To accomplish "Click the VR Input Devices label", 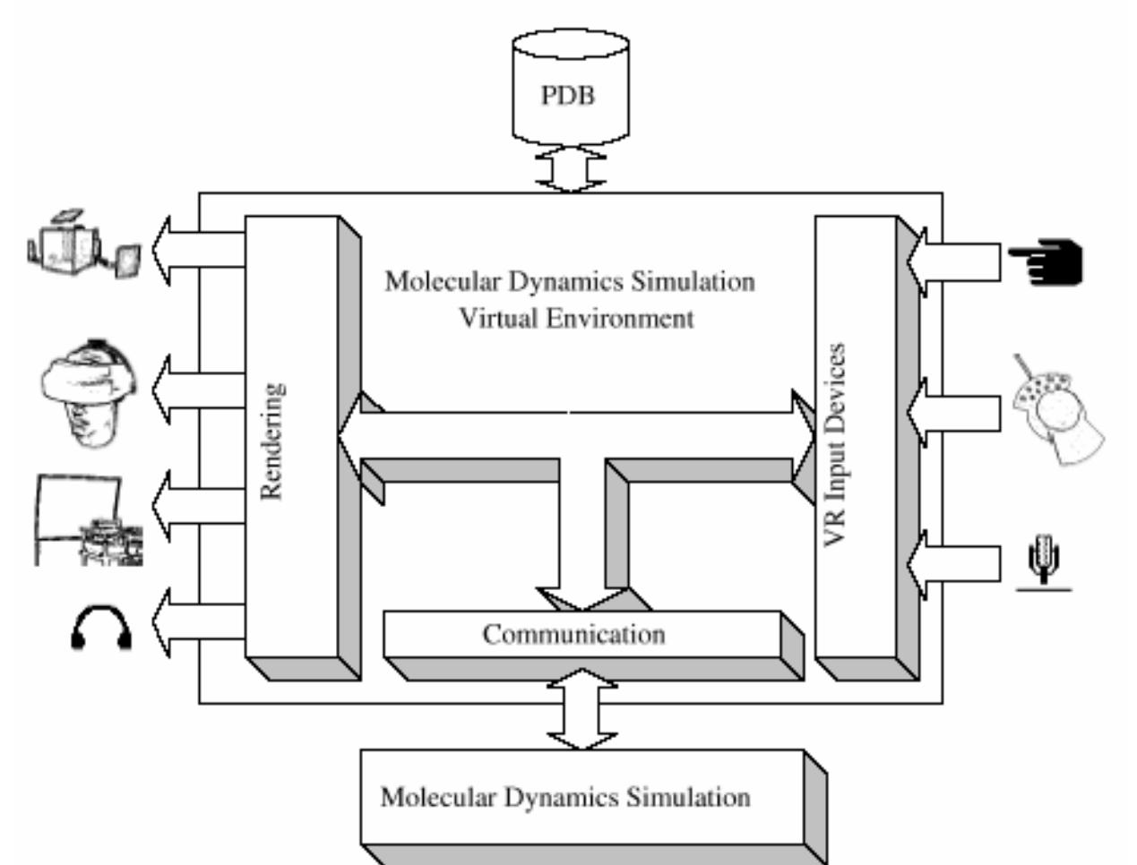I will pyautogui.click(x=834, y=444).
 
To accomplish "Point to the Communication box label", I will pyautogui.click(x=573, y=635).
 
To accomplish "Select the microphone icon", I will pyautogui.click(x=1044, y=561).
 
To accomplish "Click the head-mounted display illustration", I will pyautogui.click(x=87, y=393).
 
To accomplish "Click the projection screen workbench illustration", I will pyautogui.click(x=89, y=520).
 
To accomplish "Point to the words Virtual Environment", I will pyautogui.click(x=576, y=319).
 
